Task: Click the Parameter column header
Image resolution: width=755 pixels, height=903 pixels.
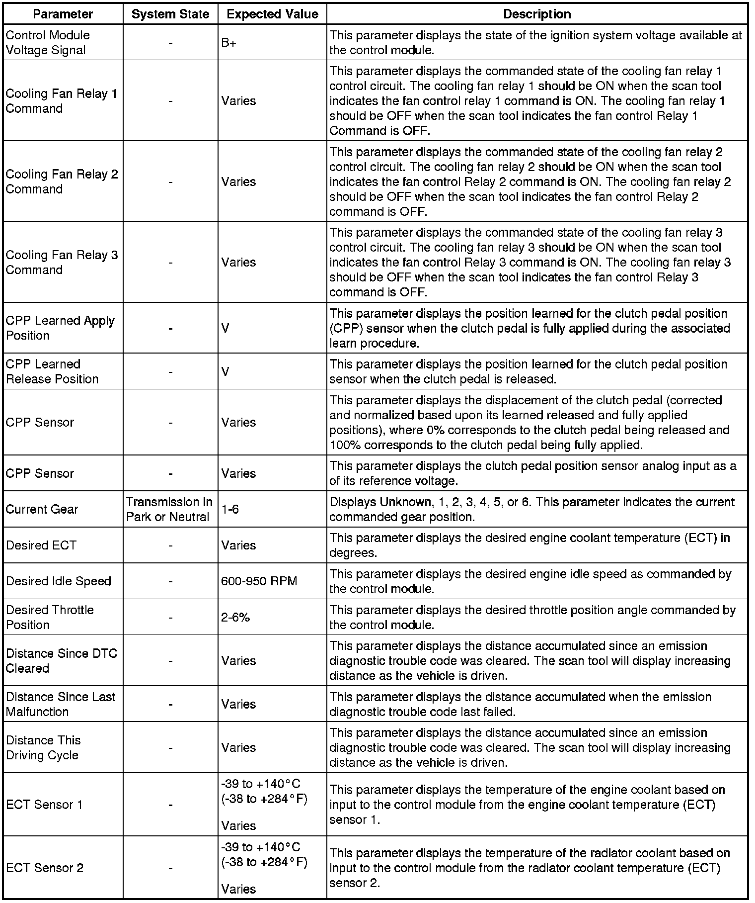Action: pyautogui.click(x=63, y=14)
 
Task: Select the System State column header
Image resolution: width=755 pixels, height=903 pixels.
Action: pyautogui.click(x=170, y=14)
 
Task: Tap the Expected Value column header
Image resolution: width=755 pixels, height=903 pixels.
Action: pyautogui.click(x=272, y=14)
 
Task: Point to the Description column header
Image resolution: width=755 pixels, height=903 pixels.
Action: pyautogui.click(x=537, y=14)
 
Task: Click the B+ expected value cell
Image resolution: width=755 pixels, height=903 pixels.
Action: pyautogui.click(x=229, y=43)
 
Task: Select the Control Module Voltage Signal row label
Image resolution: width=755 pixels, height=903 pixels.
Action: pyautogui.click(x=48, y=43)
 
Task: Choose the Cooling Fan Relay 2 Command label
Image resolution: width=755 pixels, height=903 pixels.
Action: pyautogui.click(x=62, y=181)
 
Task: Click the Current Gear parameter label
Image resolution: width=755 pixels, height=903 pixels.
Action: pyautogui.click(x=42, y=509)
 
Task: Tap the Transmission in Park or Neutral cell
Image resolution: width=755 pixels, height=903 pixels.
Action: pyautogui.click(x=169, y=509)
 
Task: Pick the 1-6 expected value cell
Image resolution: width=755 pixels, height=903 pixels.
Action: pyautogui.click(x=230, y=509)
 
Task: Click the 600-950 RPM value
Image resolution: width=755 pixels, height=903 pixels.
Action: pyautogui.click(x=259, y=581)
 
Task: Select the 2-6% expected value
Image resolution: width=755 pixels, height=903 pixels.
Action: pyautogui.click(x=235, y=617)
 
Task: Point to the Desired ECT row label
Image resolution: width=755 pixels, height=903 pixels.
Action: pyautogui.click(x=41, y=545)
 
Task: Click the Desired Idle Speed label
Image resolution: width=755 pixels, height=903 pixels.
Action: pyautogui.click(x=59, y=581)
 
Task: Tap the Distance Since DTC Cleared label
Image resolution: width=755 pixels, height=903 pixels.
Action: pyautogui.click(x=61, y=660)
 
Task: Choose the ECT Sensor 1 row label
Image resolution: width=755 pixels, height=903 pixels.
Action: pyautogui.click(x=44, y=805)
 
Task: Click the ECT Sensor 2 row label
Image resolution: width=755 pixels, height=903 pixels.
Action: pyautogui.click(x=45, y=868)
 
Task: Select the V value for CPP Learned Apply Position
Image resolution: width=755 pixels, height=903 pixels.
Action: pyautogui.click(x=226, y=328)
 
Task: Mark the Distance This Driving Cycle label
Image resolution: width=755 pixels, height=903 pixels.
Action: pyautogui.click(x=43, y=747)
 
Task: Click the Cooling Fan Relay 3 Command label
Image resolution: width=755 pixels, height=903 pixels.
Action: pyautogui.click(x=62, y=262)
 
